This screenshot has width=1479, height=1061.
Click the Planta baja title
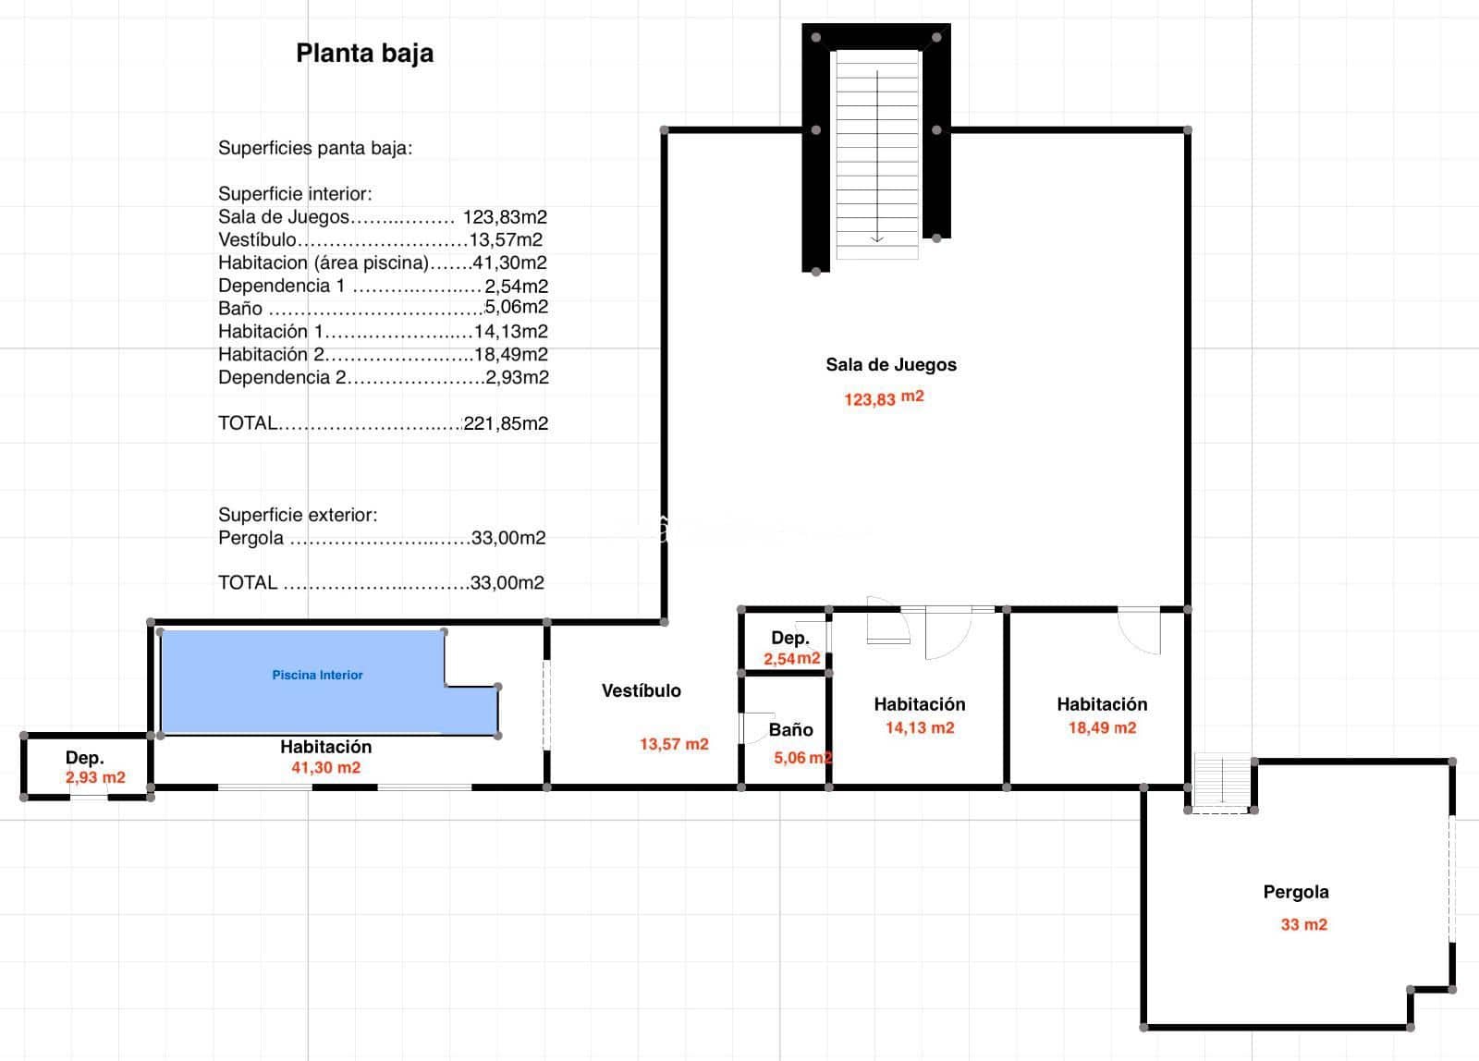click(x=364, y=54)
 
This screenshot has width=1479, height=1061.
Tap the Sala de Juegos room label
click(x=890, y=364)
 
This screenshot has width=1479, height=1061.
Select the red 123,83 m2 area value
click(x=883, y=398)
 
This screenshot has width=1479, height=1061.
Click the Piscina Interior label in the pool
click(x=317, y=676)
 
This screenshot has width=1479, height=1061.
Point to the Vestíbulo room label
click(x=641, y=690)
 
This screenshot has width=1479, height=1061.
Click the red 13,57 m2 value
click(x=674, y=744)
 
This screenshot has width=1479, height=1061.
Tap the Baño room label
click(x=790, y=730)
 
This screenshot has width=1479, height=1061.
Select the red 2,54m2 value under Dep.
click(x=791, y=659)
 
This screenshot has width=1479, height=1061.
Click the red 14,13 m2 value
click(x=919, y=727)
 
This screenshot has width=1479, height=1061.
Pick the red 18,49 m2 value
click(x=1102, y=727)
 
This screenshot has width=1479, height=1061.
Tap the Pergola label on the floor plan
click(x=1295, y=892)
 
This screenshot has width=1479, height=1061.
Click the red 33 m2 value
click(x=1303, y=924)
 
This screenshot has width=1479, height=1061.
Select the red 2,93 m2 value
click(x=95, y=777)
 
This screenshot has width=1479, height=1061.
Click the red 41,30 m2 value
click(x=325, y=767)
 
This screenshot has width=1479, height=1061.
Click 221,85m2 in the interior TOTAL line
click(x=506, y=423)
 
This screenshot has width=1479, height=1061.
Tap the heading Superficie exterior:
click(x=297, y=515)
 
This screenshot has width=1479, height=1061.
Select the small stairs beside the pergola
click(x=1221, y=783)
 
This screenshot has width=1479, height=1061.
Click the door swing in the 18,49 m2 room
click(x=1140, y=630)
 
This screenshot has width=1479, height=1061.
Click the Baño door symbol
click(x=756, y=727)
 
